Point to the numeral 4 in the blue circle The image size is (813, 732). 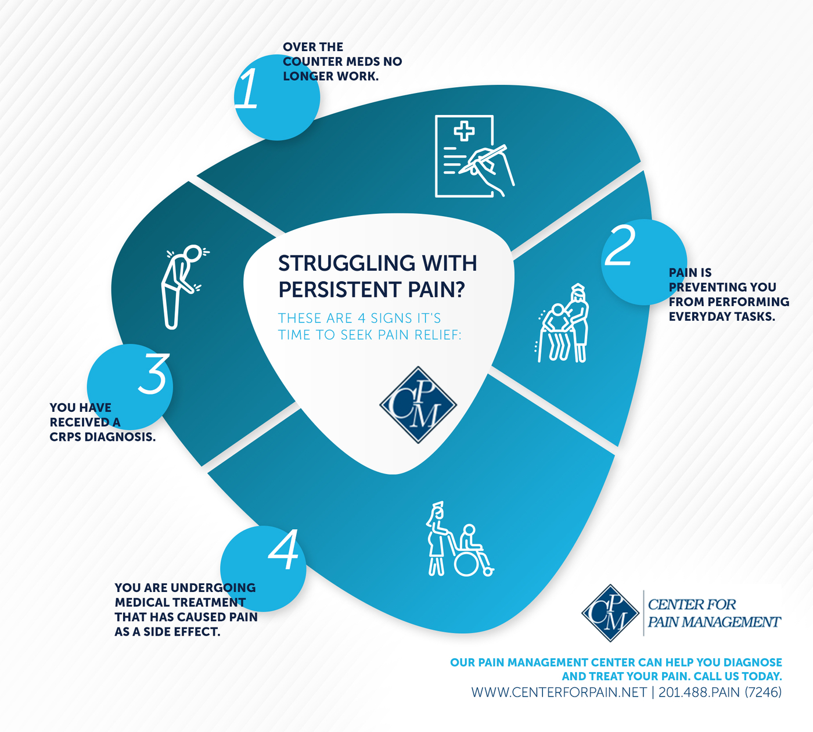click(x=283, y=550)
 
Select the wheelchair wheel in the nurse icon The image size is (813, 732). click(x=466, y=563)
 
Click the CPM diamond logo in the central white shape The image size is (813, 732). click(x=418, y=405)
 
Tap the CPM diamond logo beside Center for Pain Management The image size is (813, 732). click(x=610, y=613)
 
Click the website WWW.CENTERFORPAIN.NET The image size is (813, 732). click(x=559, y=692)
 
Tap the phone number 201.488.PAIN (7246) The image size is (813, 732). click(x=720, y=692)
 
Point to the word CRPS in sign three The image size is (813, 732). click(x=65, y=437)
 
